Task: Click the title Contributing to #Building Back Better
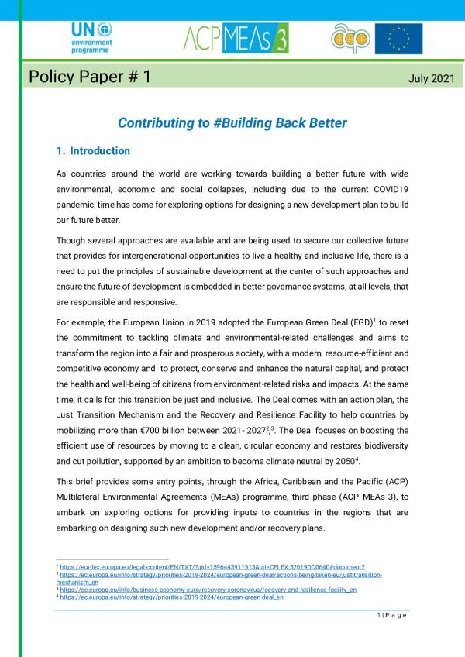click(232, 123)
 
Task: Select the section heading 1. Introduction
click(94, 151)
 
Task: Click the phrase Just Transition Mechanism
click(113, 412)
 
